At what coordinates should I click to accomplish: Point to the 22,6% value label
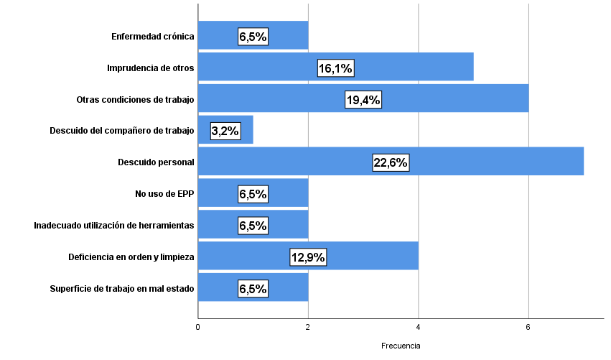391,162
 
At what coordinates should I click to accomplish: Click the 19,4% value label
363,100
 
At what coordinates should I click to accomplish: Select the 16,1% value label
335,68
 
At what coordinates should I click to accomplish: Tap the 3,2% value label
225,131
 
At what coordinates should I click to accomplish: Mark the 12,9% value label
308,257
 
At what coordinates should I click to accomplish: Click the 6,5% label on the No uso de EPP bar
253,194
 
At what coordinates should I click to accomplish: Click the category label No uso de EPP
164,193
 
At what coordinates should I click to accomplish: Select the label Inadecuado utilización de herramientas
114,225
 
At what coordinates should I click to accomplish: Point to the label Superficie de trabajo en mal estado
122,288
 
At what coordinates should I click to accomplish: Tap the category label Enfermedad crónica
153,36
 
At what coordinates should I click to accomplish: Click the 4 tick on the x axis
419,328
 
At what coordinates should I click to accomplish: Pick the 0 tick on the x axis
198,328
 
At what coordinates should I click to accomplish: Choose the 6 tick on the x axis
528,328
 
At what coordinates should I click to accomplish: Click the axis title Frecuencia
401,346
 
